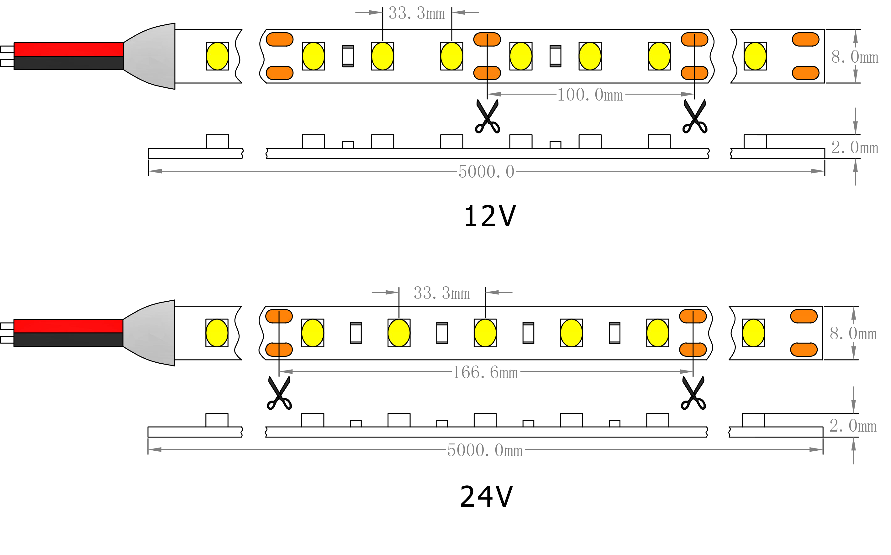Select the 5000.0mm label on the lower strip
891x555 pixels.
485,450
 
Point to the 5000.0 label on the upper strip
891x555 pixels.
486,172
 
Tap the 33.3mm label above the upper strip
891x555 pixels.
417,13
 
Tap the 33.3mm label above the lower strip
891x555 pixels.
442,293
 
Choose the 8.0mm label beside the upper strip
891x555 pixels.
854,57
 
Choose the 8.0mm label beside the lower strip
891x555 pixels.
853,333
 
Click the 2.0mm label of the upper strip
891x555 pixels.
854,148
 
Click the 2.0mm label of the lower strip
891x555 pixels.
853,426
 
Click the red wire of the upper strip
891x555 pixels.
68,49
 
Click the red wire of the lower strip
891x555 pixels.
68,326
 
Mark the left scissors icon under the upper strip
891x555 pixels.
487,117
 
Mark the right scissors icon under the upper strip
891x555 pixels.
694,117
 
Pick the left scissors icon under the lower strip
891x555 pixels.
280,393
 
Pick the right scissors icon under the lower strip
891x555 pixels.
693,393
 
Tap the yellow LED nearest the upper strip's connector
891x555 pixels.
218,56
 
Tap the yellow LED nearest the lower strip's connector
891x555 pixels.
217,333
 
